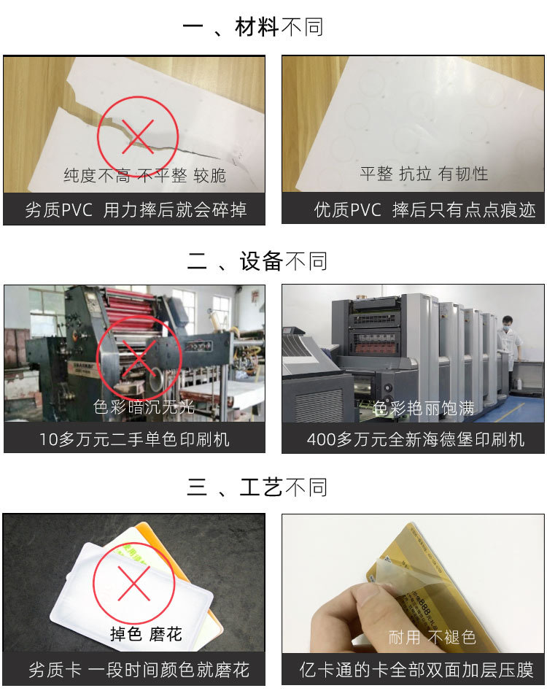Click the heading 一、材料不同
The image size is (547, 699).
(x=252, y=28)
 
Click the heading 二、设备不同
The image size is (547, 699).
(x=257, y=260)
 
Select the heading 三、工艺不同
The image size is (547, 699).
(x=257, y=487)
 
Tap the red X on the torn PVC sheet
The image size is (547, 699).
(x=136, y=134)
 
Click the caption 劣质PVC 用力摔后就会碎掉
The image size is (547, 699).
(x=136, y=210)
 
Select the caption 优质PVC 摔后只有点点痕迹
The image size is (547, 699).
(x=415, y=210)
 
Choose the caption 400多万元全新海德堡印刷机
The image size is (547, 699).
(x=415, y=439)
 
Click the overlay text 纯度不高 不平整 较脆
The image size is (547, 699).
(x=144, y=175)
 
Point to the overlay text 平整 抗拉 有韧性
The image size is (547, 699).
(x=424, y=174)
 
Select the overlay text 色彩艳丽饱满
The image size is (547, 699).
(x=424, y=408)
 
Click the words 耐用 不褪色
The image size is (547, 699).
(x=432, y=637)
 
